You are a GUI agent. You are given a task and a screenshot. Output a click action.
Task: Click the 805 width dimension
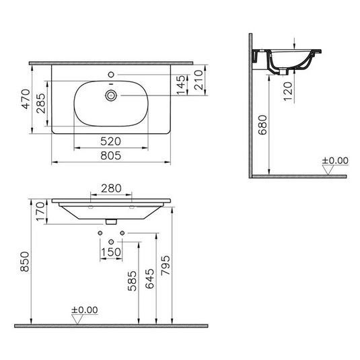click(110, 155)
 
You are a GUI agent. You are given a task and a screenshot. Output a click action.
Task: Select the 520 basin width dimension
click(110, 141)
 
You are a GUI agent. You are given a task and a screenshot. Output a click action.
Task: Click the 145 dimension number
click(180, 85)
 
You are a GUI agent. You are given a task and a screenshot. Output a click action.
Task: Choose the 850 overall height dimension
click(24, 260)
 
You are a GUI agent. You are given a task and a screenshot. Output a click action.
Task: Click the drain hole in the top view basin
click(108, 96)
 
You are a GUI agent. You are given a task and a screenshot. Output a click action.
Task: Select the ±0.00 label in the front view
click(85, 310)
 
